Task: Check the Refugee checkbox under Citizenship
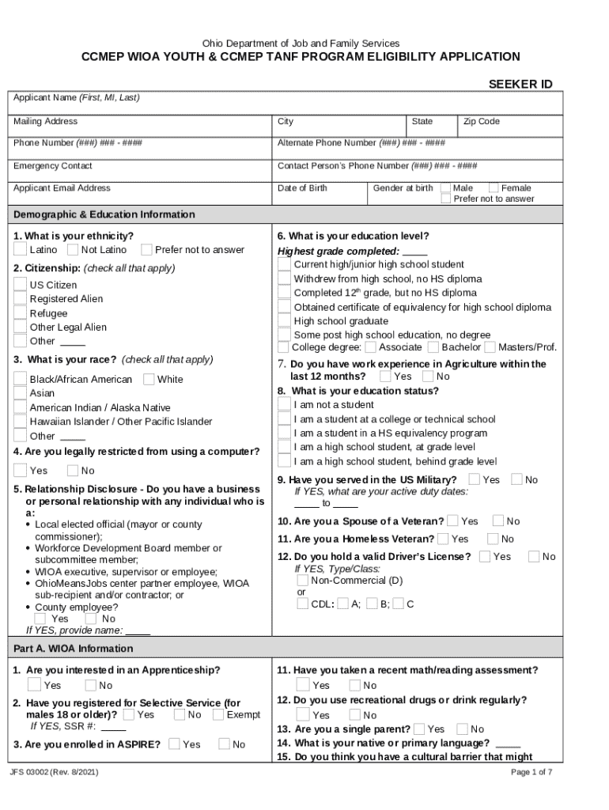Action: point(20,313)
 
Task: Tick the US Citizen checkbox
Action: point(20,285)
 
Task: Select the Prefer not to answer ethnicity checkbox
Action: point(146,250)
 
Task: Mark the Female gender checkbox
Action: point(494,188)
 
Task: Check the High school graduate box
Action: point(283,321)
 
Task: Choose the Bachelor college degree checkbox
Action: point(433,347)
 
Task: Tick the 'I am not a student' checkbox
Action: point(283,405)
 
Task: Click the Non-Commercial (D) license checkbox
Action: point(302,580)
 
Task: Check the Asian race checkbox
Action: point(20,393)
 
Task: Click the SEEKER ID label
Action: point(520,84)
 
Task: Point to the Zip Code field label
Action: point(481,122)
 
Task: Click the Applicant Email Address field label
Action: point(62,188)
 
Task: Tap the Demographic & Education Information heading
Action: point(104,214)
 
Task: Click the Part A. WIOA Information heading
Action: point(74,649)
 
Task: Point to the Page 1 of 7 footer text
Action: point(531,772)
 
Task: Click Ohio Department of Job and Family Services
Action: point(301,43)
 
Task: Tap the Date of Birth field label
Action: point(302,188)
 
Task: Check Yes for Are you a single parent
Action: point(419,729)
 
